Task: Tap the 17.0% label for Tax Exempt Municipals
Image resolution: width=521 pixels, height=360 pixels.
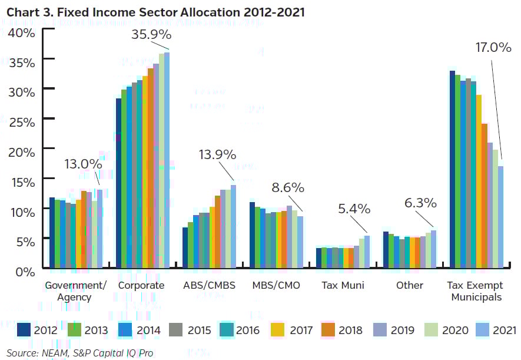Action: pyautogui.click(x=493, y=48)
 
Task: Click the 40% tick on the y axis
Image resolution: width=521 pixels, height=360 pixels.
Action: pyautogui.click(x=22, y=32)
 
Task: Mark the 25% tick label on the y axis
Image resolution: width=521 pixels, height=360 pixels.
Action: pyautogui.click(x=22, y=122)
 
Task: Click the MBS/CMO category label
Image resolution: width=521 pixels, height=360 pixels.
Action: pyautogui.click(x=276, y=285)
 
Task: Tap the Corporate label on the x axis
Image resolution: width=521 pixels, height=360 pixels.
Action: pyautogui.click(x=141, y=285)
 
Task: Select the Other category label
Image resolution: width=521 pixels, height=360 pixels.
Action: pyautogui.click(x=409, y=285)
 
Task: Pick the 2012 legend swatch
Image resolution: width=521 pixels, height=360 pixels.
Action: pyautogui.click(x=24, y=330)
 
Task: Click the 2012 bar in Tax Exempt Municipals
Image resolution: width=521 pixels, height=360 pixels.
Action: pyautogui.click(x=452, y=171)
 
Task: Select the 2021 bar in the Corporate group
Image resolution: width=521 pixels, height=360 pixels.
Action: pyautogui.click(x=167, y=162)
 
